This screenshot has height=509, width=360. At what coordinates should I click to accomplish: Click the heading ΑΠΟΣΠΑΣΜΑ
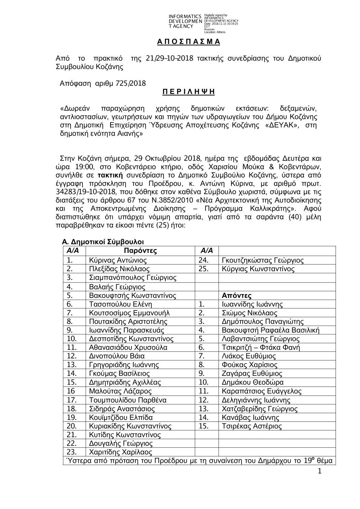[188, 41]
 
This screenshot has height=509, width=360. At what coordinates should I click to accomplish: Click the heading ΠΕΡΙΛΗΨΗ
[188, 91]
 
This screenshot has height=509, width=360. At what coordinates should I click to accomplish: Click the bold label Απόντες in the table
[237, 296]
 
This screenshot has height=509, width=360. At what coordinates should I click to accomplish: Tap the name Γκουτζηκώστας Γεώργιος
[262, 260]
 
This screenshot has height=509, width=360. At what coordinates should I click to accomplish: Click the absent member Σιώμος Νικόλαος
[249, 313]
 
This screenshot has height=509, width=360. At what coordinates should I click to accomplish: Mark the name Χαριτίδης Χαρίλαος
[121, 452]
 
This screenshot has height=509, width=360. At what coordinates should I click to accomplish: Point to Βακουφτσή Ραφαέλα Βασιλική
[270, 330]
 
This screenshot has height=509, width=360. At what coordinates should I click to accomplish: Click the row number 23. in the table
[72, 452]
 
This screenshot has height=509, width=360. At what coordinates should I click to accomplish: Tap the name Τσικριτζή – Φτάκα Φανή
[261, 348]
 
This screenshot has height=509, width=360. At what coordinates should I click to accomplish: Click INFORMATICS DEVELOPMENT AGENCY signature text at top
[185, 21]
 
